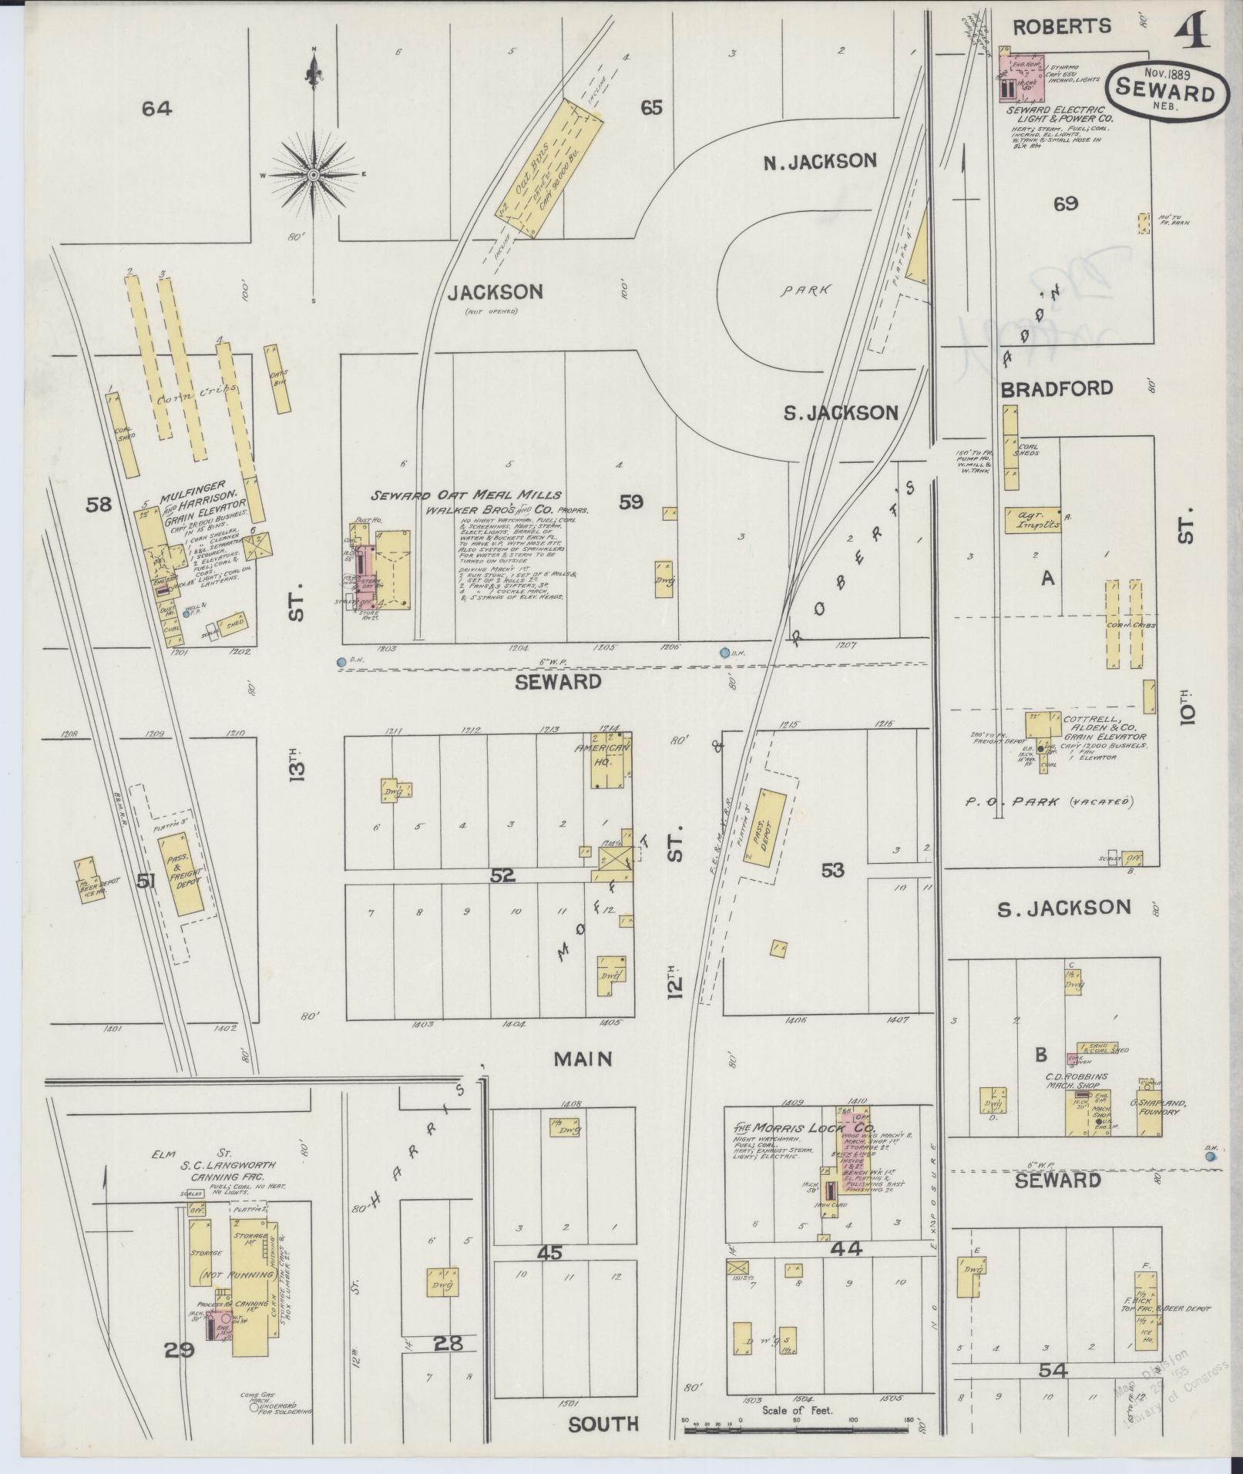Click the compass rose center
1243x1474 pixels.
314,176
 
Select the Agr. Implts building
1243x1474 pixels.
1031,519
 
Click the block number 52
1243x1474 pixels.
502,875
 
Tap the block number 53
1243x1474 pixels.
832,871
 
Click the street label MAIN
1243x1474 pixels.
583,1059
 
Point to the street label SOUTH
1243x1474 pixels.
603,1424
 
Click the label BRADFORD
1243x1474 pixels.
1057,389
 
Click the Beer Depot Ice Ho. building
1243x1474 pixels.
88,878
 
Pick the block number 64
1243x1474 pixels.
156,109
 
